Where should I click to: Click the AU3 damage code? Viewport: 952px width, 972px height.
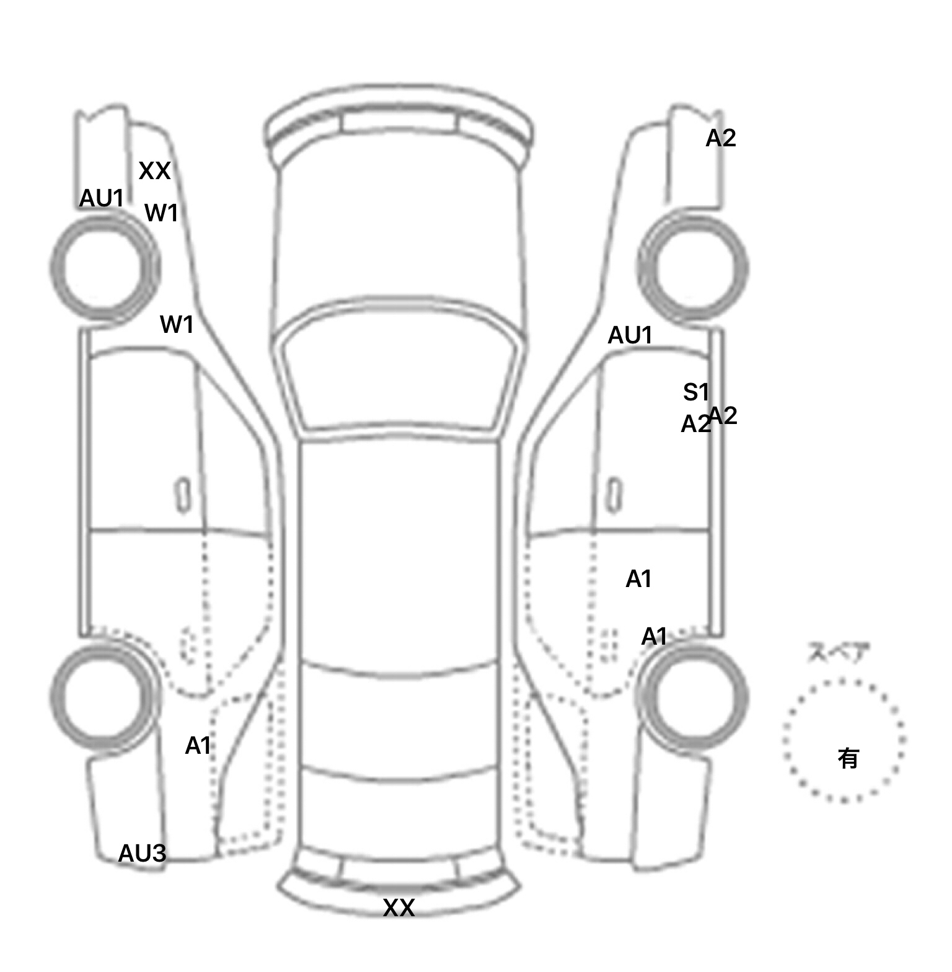[x=142, y=854]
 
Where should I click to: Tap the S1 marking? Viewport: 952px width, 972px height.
[x=695, y=392]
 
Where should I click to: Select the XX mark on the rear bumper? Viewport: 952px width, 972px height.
[x=399, y=908]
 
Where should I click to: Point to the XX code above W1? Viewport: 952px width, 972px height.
[x=154, y=170]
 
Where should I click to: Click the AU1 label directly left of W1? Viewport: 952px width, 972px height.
[x=102, y=198]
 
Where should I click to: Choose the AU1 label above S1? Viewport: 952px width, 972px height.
[x=630, y=335]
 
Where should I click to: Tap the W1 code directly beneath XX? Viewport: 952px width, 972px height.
[x=161, y=213]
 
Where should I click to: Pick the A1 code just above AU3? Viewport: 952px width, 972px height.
[x=198, y=746]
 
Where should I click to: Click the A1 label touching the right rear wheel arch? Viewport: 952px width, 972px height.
[x=654, y=637]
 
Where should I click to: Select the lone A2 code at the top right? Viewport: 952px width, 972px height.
[x=721, y=138]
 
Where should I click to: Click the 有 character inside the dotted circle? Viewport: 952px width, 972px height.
[x=848, y=758]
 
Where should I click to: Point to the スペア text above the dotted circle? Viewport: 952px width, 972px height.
[x=838, y=653]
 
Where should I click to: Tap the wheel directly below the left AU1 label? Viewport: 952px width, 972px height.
[x=104, y=266]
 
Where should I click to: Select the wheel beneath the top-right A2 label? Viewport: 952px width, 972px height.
[x=693, y=268]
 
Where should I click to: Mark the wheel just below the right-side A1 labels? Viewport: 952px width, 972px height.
[x=693, y=696]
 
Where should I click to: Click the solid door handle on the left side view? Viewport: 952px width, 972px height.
[x=183, y=495]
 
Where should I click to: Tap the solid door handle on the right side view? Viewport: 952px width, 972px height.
[x=614, y=495]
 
